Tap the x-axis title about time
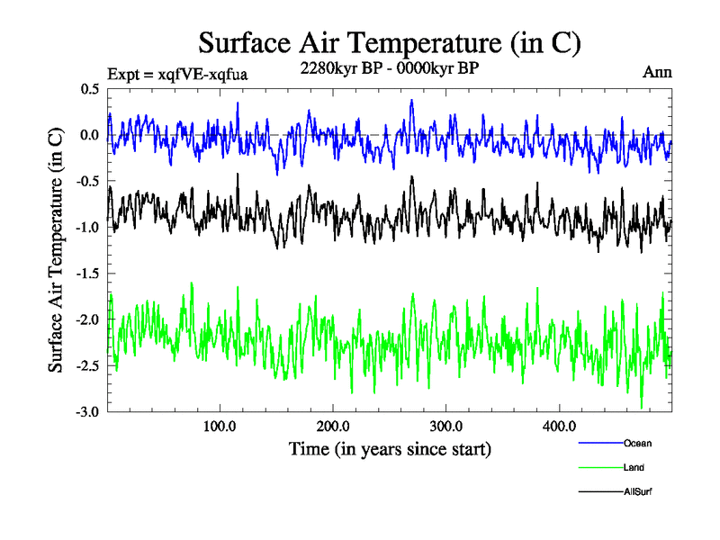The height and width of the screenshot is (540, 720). click(x=390, y=447)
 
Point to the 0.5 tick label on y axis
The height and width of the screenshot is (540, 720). click(x=90, y=89)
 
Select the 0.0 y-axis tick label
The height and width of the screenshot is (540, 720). click(x=90, y=135)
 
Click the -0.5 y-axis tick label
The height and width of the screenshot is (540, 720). click(x=87, y=181)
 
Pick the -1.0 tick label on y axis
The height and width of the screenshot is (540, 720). click(x=87, y=228)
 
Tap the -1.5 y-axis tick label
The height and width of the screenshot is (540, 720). click(x=87, y=274)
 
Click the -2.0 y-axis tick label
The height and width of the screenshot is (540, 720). click(x=87, y=319)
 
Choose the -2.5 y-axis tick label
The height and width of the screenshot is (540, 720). click(x=87, y=366)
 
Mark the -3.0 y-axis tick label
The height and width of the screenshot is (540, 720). click(x=87, y=412)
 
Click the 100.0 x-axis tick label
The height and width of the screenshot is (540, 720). click(x=220, y=426)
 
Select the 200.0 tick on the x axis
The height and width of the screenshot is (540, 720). click(x=333, y=426)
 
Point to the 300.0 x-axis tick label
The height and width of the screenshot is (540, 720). click(x=446, y=426)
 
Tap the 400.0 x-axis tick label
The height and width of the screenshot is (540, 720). click(x=560, y=426)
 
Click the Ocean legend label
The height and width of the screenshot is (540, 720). click(x=637, y=443)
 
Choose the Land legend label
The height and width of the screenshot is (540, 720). click(x=634, y=468)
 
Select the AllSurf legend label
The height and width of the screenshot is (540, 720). click(x=637, y=492)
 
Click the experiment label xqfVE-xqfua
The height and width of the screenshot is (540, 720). click(x=177, y=74)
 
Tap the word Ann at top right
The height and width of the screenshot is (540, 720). click(x=657, y=72)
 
